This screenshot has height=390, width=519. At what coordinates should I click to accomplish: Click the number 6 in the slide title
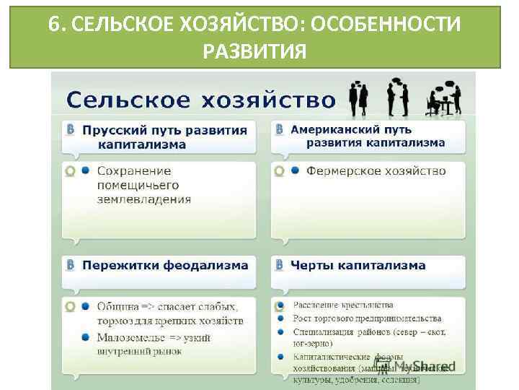pyautogui.click(x=54, y=25)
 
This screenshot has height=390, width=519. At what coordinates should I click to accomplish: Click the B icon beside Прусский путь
pyautogui.click(x=70, y=130)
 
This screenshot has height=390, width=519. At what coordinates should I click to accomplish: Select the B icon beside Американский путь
pyautogui.click(x=279, y=129)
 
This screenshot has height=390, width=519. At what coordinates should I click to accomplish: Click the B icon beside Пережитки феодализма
pyautogui.click(x=70, y=265)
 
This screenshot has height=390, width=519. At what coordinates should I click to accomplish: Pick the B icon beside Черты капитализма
pyautogui.click(x=279, y=265)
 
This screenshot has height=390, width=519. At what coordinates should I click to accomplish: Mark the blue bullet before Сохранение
pyautogui.click(x=85, y=171)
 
